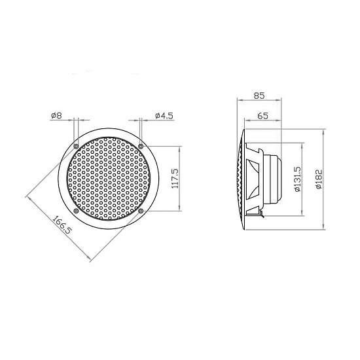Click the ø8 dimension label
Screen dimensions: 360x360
(x=56, y=115)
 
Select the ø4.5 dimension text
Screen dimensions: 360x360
(x=164, y=115)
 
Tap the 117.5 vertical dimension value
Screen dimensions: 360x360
(x=175, y=179)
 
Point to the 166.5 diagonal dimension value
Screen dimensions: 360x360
(x=62, y=225)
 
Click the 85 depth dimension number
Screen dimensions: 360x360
(x=259, y=96)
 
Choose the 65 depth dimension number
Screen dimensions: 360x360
(x=262, y=116)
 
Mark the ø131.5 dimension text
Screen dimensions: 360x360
(x=297, y=179)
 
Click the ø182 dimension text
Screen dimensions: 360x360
(x=319, y=179)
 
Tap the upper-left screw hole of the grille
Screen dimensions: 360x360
(x=76, y=146)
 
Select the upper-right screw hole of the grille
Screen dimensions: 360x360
(x=141, y=146)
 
